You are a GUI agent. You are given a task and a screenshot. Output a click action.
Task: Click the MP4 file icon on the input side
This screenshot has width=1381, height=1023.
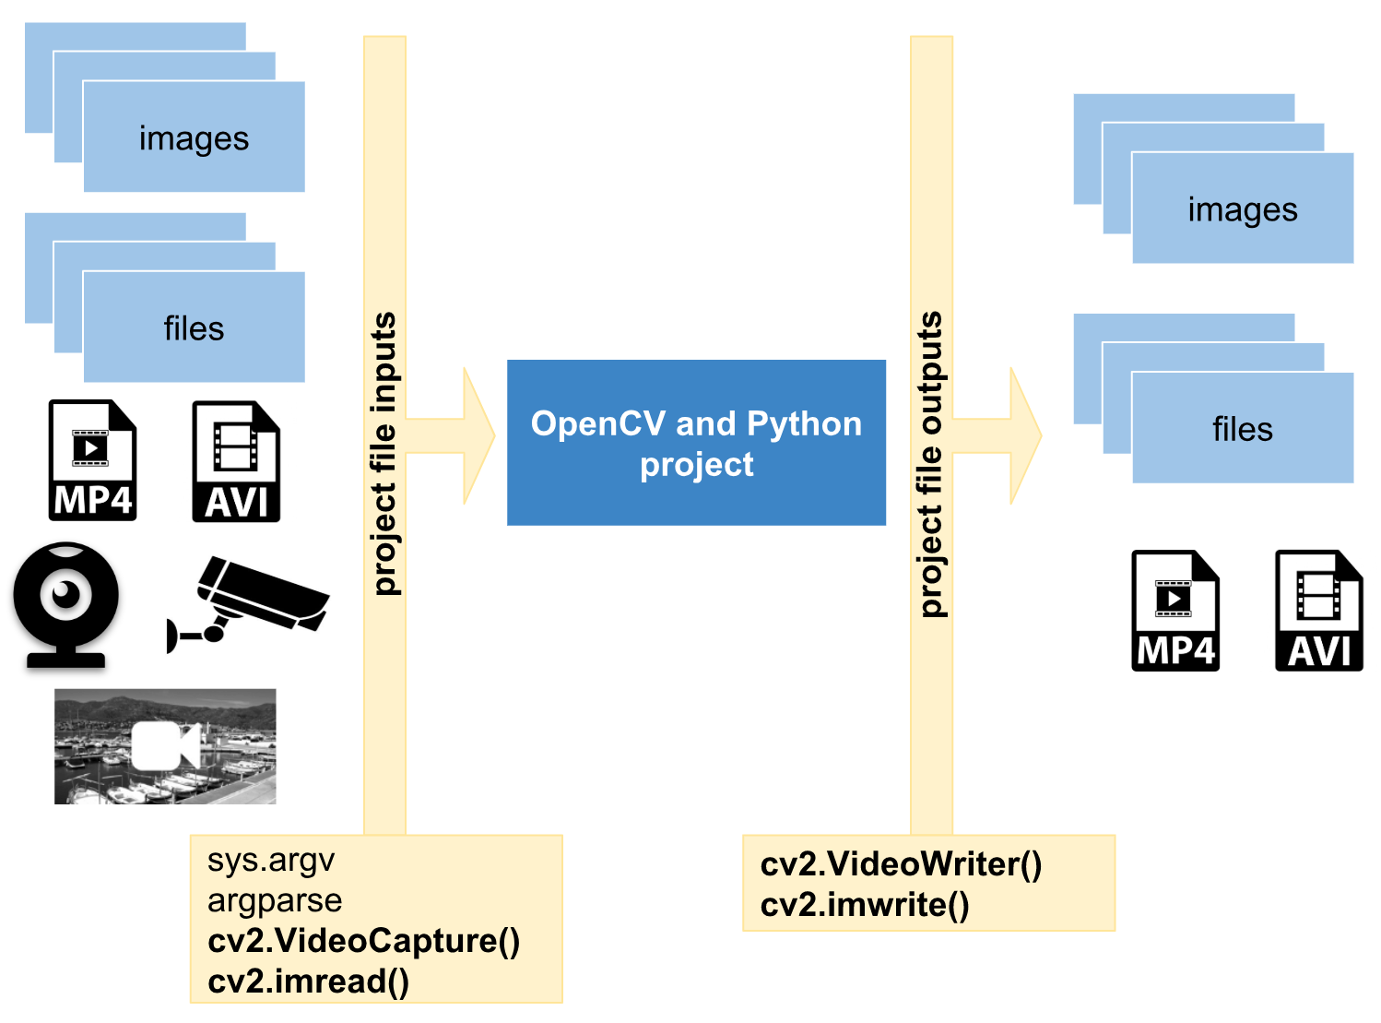[92, 460]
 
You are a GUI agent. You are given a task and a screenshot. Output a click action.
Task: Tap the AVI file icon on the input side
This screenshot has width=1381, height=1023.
[236, 461]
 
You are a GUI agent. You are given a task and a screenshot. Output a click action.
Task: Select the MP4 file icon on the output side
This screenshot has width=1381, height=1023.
[1175, 611]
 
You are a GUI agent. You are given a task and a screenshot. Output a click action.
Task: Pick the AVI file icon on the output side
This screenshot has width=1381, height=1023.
[1318, 611]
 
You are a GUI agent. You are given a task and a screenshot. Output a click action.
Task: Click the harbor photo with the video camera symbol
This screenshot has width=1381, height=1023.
[165, 746]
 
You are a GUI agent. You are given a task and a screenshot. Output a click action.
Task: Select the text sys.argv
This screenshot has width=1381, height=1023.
[271, 860]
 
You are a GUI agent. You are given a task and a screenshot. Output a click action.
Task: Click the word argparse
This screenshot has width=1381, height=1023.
[275, 900]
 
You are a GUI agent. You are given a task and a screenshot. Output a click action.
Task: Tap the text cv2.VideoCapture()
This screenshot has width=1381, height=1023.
[364, 941]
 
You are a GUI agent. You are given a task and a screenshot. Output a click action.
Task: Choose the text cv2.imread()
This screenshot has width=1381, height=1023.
[308, 981]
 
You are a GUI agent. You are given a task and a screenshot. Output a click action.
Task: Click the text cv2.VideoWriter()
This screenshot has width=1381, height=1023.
[901, 864]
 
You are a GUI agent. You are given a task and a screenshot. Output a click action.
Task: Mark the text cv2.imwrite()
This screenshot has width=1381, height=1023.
[865, 905]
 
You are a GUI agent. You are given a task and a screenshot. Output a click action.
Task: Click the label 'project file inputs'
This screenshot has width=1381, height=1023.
[384, 453]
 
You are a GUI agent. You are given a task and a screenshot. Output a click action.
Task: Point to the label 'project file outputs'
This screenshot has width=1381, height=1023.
[931, 464]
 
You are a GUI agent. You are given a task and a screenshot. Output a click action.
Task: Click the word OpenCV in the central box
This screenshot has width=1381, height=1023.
[598, 423]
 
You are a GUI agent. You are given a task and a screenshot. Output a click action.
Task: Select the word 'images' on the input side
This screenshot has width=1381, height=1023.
[194, 138]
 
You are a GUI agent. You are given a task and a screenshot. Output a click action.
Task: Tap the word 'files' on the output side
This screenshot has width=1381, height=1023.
[1242, 429]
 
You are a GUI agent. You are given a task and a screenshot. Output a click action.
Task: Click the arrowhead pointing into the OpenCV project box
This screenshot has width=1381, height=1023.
[476, 436]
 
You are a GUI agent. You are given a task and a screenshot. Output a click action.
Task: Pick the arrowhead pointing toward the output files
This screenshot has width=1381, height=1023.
[1022, 436]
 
